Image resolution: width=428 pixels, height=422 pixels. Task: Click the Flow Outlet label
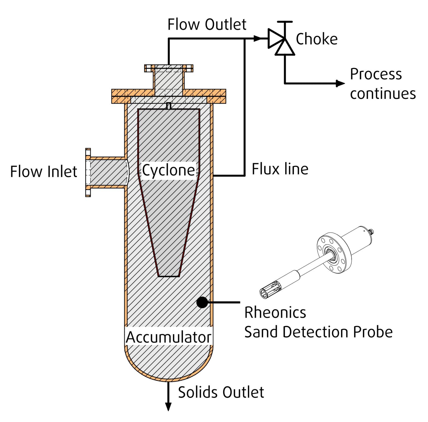click(207, 25)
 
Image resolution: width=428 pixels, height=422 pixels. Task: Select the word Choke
click(317, 39)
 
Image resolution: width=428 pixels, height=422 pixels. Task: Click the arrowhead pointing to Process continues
click(341, 83)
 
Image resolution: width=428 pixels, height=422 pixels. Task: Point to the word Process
click(376, 74)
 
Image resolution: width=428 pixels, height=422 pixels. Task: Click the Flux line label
click(280, 169)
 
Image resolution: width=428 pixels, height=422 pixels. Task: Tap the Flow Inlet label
click(43, 172)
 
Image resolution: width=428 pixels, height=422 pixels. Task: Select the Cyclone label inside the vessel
click(168, 170)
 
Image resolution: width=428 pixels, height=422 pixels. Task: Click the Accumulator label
click(168, 337)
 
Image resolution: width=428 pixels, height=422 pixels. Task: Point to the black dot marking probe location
click(202, 302)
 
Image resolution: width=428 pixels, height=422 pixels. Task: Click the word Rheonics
click(275, 313)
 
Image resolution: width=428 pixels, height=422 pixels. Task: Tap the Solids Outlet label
click(221, 392)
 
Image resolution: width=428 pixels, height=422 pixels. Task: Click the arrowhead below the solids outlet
click(168, 406)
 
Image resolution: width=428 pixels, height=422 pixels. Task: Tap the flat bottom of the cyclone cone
click(169, 276)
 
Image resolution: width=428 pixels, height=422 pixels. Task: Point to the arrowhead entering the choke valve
click(257, 39)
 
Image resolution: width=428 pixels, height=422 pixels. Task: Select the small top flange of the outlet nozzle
click(169, 68)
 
